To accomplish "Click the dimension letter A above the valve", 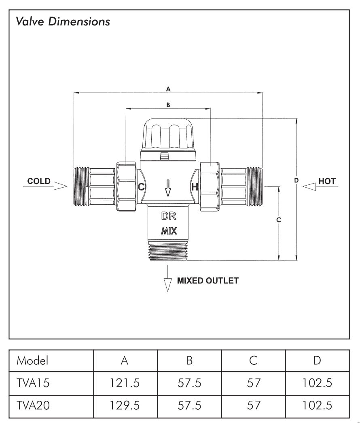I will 168,88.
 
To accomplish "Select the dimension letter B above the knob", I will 168,104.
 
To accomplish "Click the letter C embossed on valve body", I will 142,187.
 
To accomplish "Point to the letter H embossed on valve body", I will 195,187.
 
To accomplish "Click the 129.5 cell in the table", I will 125,405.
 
